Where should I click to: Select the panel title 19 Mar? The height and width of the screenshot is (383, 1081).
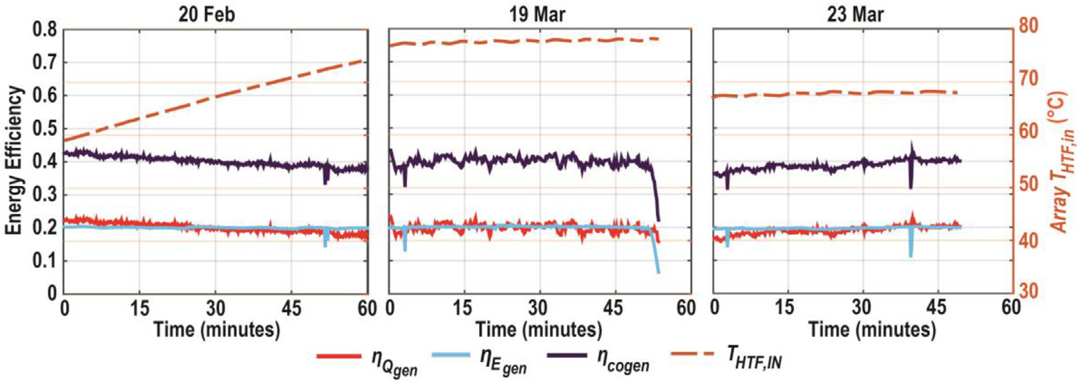pyautogui.click(x=538, y=12)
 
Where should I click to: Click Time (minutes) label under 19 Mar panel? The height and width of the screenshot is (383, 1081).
pyautogui.click(x=538, y=328)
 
